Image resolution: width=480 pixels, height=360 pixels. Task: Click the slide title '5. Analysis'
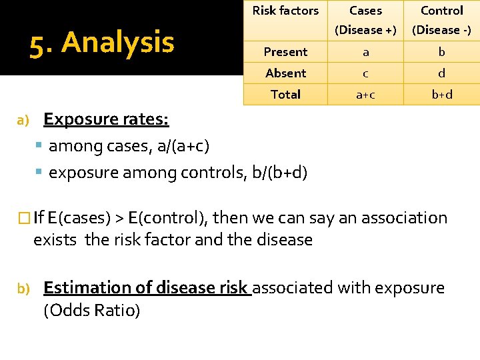(x=102, y=43)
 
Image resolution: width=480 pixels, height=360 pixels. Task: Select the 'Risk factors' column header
(x=285, y=11)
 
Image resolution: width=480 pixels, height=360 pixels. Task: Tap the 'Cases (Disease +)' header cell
(x=365, y=20)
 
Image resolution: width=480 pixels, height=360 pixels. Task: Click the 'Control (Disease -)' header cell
(x=441, y=20)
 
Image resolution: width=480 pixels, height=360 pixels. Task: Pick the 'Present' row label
(x=285, y=52)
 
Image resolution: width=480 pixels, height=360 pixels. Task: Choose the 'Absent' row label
(x=285, y=73)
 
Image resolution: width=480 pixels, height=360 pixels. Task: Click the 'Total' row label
(x=285, y=95)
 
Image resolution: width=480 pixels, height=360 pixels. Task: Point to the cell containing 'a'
(x=365, y=52)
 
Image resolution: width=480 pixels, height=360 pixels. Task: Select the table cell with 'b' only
(x=441, y=52)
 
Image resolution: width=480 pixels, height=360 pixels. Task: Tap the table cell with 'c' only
(x=365, y=73)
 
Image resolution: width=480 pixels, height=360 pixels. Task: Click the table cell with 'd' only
(x=441, y=73)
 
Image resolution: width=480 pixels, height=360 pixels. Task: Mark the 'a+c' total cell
(x=365, y=95)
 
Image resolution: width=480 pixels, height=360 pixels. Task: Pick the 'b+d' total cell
(x=441, y=95)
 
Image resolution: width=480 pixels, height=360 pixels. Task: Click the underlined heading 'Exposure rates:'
(x=106, y=120)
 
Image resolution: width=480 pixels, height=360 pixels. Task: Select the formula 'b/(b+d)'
(x=275, y=173)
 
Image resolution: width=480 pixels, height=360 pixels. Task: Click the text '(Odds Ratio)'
(x=91, y=310)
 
